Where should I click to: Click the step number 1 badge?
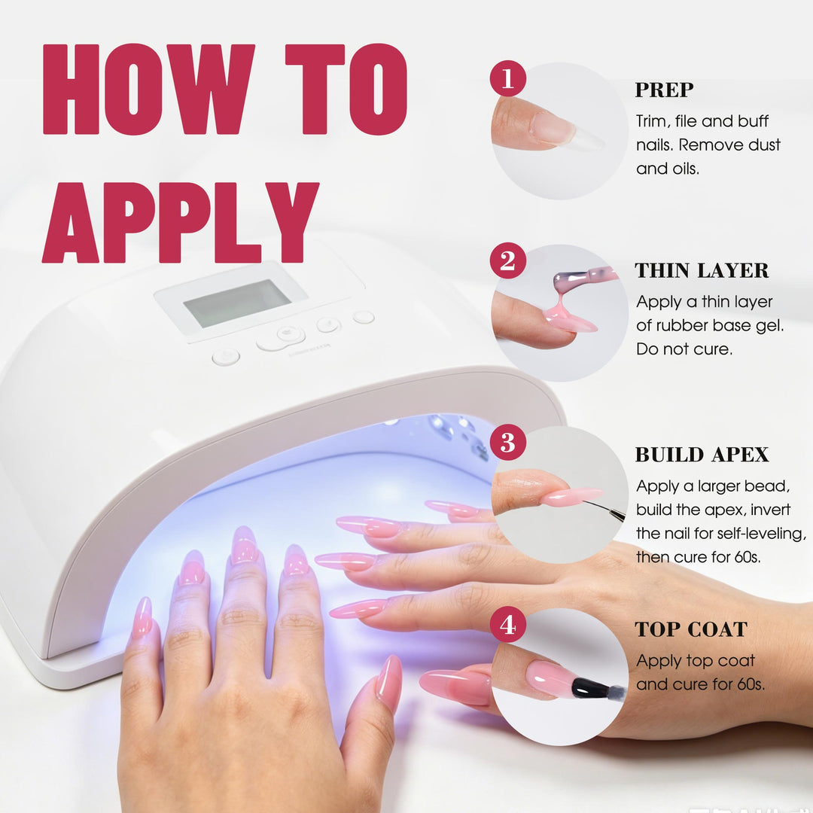(507, 78)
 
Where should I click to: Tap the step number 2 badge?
(507, 260)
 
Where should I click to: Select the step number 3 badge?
(507, 443)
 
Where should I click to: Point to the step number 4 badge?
(507, 624)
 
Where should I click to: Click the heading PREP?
(664, 90)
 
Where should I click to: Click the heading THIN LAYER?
(702, 270)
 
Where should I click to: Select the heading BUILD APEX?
(702, 454)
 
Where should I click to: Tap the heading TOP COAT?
(691, 629)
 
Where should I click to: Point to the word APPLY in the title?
(180, 222)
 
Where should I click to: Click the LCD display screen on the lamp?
(237, 303)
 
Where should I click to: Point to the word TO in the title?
(346, 89)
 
